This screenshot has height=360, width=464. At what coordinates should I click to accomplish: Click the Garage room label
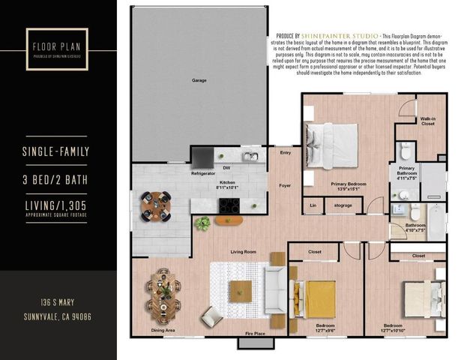tap(199, 79)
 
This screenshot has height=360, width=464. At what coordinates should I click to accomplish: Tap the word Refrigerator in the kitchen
tap(203, 173)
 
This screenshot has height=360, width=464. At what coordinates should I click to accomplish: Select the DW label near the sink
tap(226, 168)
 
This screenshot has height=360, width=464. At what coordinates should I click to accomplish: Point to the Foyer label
tap(285, 184)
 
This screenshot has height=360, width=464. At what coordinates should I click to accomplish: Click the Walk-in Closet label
tap(427, 120)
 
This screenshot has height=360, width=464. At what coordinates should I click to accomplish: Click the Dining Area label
tap(163, 330)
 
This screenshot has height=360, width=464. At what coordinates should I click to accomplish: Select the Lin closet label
tap(313, 205)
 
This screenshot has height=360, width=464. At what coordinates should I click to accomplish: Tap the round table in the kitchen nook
tap(157, 205)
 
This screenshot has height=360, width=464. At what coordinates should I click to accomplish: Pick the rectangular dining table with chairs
tap(164, 292)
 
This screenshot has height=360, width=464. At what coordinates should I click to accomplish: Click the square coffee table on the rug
tap(241, 291)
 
